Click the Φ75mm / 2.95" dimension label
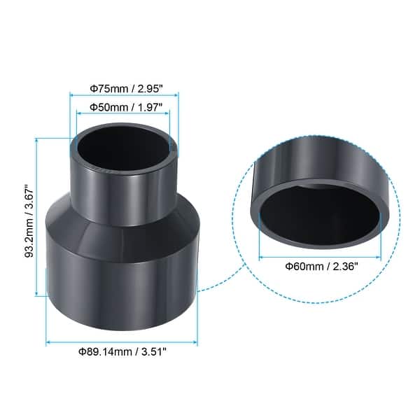(x=125, y=90)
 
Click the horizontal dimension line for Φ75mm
(x=125, y=98)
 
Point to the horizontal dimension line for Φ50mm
(x=124, y=116)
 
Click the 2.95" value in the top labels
(x=149, y=90)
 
